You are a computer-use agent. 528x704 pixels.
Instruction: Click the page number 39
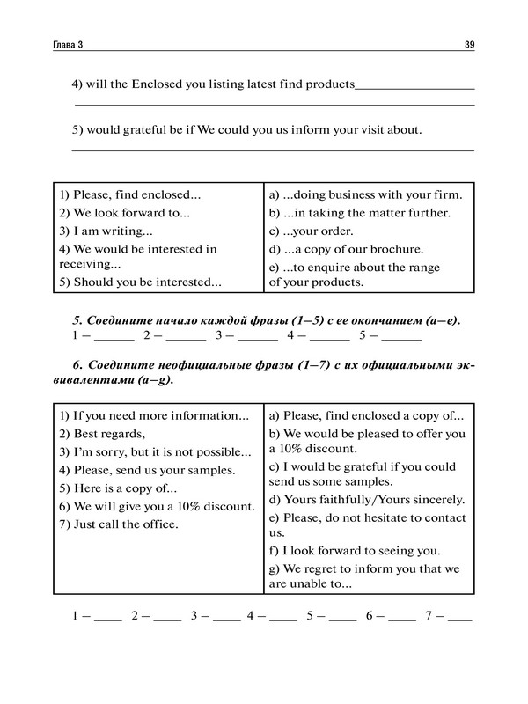[468, 44]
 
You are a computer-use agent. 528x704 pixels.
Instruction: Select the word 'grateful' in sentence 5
[152, 130]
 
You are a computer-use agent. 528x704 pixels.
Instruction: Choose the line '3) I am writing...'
[105, 231]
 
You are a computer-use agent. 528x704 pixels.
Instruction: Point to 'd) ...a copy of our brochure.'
[346, 249]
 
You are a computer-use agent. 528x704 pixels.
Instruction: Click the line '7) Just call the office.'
[118, 525]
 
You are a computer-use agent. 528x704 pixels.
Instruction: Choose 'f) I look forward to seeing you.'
[353, 551]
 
